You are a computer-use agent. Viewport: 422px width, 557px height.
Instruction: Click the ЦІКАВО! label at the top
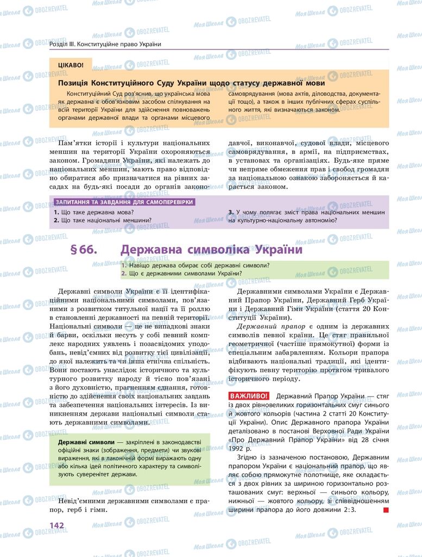click(x=71, y=65)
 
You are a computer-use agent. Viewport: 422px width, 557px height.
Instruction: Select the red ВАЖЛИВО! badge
click(x=249, y=396)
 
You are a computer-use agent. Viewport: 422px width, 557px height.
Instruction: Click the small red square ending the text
click(x=386, y=510)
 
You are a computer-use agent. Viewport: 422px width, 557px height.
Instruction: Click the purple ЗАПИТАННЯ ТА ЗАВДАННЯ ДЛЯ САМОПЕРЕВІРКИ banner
click(x=124, y=202)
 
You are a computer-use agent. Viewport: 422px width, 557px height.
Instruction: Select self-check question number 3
click(x=231, y=212)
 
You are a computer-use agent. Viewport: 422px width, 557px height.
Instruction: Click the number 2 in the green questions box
click(x=124, y=273)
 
